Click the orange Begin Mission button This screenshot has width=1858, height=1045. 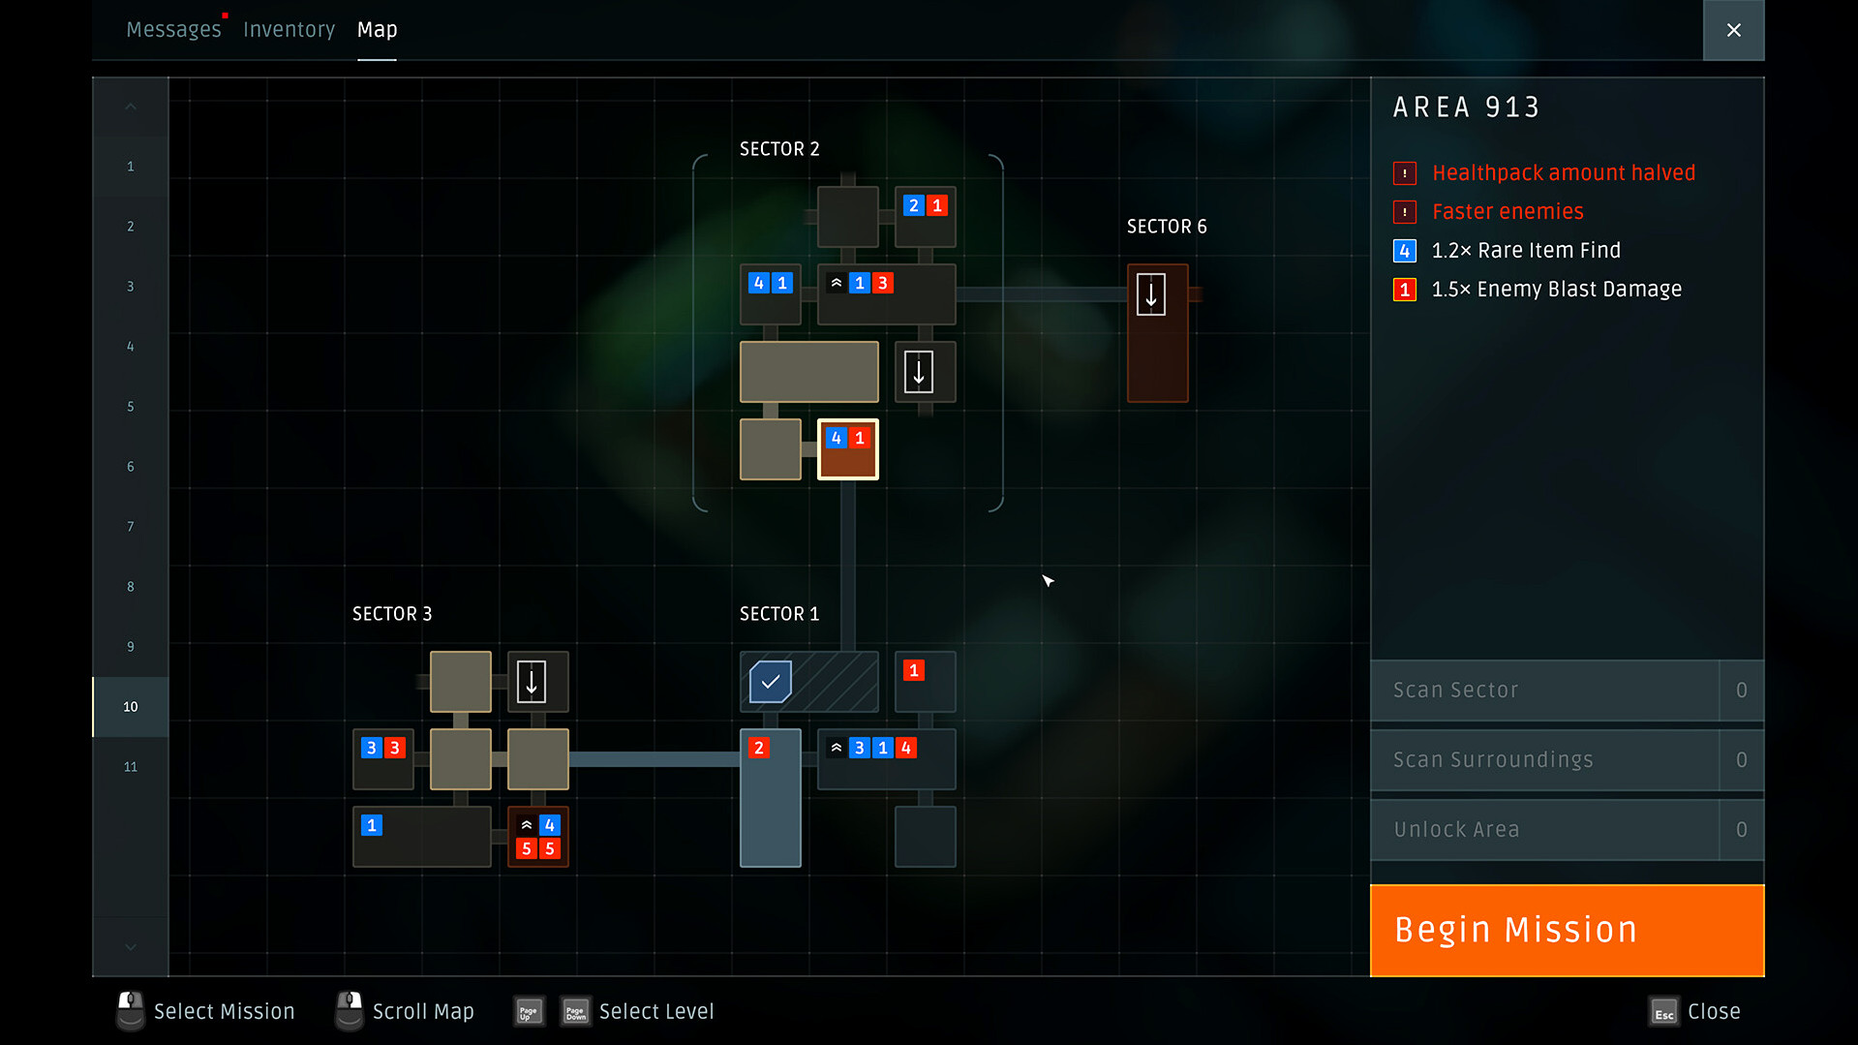pyautogui.click(x=1567, y=930)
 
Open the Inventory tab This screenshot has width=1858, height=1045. pyautogui.click(x=289, y=30)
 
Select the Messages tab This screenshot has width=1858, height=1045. pyautogui.click(x=173, y=30)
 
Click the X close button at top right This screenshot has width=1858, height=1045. pyautogui.click(x=1733, y=30)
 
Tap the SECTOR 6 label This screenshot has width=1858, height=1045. pyautogui.click(x=1167, y=227)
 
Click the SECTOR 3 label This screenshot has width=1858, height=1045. pyautogui.click(x=392, y=614)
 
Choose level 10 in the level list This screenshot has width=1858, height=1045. pyautogui.click(x=131, y=707)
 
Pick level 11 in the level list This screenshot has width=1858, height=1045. pyautogui.click(x=131, y=767)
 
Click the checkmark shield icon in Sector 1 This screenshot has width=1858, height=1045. pyautogui.click(x=771, y=682)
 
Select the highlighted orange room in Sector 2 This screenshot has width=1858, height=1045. pyautogui.click(x=848, y=449)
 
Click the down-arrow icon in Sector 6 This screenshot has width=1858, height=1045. pyautogui.click(x=1151, y=294)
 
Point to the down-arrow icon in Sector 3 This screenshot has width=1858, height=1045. pyautogui.click(x=532, y=682)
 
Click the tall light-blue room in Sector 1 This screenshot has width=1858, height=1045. pyautogui.click(x=771, y=798)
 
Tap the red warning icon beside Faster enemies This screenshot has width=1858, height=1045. pyautogui.click(x=1405, y=212)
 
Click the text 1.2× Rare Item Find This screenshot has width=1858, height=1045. pyautogui.click(x=1526, y=251)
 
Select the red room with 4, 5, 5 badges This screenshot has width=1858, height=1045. pyautogui.click(x=538, y=837)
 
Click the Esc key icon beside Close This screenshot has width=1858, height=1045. pyautogui.click(x=1664, y=1012)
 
